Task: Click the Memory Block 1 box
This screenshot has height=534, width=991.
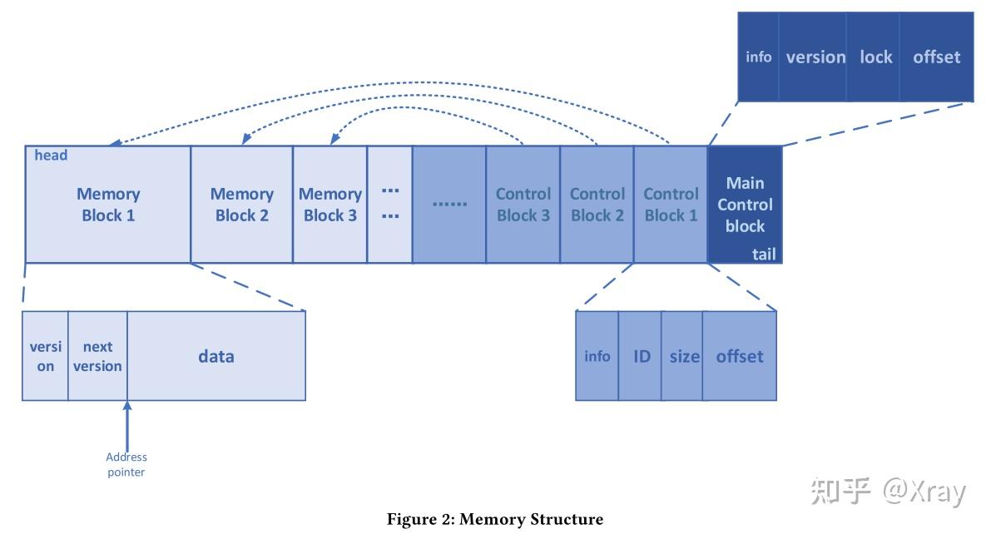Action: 107,205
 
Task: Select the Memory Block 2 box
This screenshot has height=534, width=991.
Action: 241,205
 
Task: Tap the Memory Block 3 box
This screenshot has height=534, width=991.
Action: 330,205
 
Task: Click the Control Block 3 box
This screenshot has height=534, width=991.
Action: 523,205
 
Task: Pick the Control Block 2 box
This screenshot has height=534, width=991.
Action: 597,205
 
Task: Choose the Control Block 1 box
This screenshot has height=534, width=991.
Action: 671,205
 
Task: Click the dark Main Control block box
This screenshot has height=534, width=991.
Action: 745,205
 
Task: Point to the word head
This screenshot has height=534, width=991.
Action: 51,156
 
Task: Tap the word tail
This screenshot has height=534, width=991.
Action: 764,255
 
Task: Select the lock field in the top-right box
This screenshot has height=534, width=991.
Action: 875,57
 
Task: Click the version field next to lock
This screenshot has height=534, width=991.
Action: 815,57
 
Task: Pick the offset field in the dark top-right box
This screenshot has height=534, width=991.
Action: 936,57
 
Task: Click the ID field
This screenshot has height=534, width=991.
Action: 642,356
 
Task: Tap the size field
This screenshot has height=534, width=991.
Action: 684,356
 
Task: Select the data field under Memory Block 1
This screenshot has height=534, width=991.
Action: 216,356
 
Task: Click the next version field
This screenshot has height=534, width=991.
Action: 97,356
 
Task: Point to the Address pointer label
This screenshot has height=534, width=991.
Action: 126,464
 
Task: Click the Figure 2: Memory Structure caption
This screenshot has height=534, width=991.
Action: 495,519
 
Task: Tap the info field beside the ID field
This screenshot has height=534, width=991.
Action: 597,356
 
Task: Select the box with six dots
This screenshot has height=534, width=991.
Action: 449,205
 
